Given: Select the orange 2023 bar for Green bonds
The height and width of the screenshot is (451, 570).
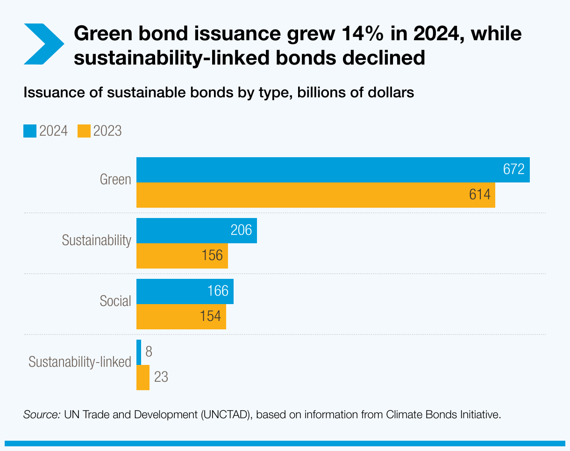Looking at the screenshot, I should point(304,195).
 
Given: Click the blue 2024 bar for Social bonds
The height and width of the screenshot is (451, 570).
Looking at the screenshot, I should point(173,291).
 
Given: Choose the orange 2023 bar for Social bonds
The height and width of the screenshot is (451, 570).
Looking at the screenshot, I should point(168,317).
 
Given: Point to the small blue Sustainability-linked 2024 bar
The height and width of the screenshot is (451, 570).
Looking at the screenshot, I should point(139,352).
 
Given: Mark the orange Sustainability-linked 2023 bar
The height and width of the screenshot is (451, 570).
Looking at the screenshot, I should point(143,378).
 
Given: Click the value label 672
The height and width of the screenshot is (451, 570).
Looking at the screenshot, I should point(514,169).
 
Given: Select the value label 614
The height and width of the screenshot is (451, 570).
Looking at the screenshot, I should point(480,195).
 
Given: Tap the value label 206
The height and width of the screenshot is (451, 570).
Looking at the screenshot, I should point(241,230).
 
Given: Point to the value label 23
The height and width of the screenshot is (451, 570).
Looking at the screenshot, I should point(161,378).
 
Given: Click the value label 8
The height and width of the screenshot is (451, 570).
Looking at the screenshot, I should point(149,352).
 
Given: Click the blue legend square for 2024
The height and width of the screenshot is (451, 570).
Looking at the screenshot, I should point(29,131).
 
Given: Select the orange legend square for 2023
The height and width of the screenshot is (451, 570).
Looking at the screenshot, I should point(84,131).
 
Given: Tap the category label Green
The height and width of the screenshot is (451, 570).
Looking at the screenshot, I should point(115,180).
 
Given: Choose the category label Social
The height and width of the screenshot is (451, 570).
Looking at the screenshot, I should point(115,301).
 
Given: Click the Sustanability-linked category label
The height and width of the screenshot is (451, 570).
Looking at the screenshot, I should point(80,362).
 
